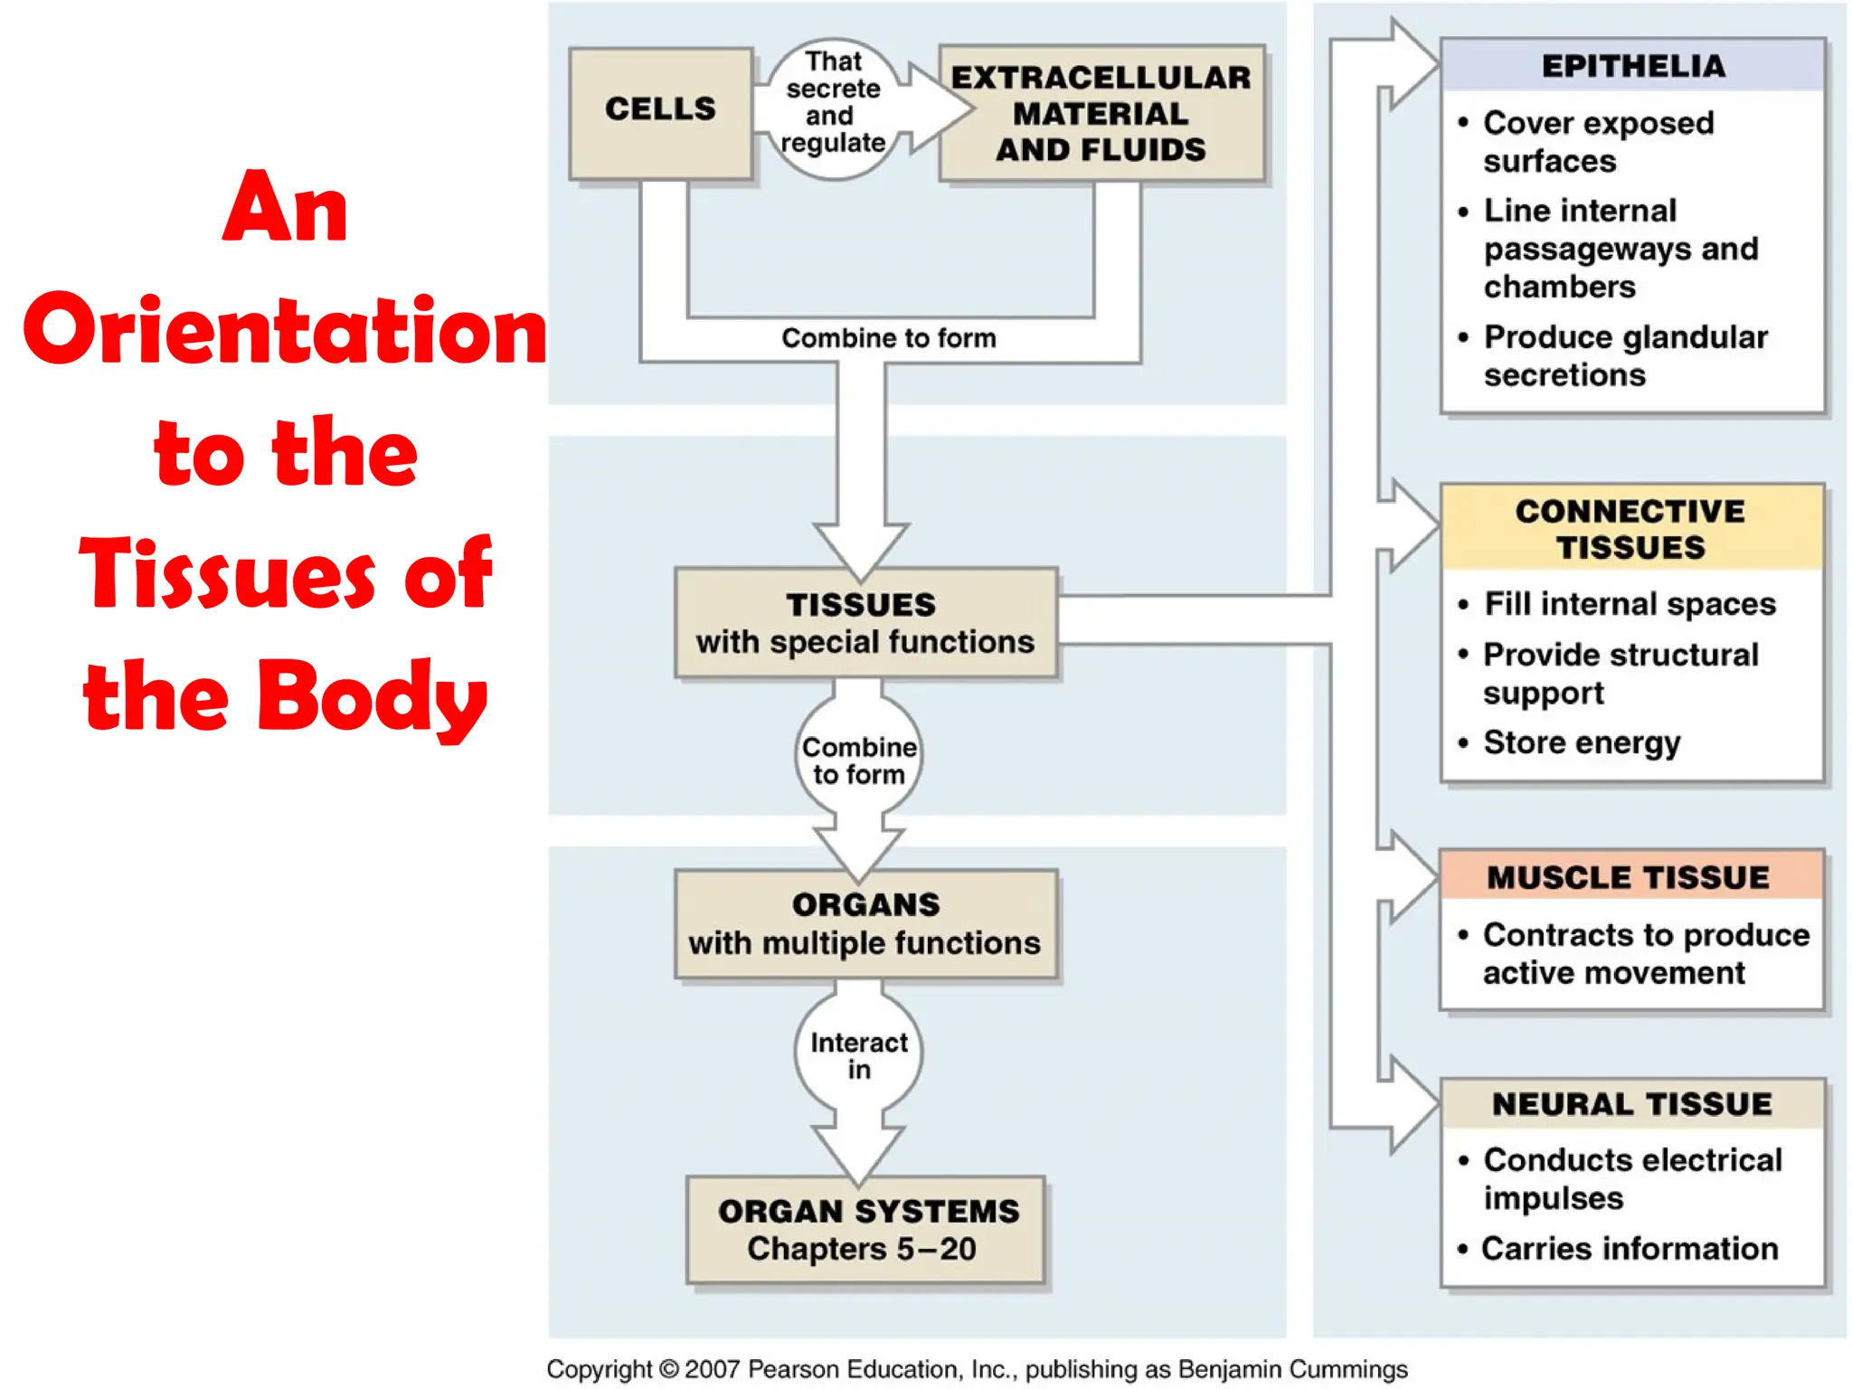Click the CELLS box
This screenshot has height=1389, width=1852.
coord(660,111)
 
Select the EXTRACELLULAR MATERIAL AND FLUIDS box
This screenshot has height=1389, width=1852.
coord(1101,114)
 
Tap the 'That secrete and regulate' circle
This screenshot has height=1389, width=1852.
coord(833,103)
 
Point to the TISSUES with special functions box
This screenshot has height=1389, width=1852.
coord(865,623)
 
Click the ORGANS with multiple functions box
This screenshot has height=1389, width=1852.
coord(865,924)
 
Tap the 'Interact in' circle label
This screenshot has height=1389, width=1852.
coord(858,1055)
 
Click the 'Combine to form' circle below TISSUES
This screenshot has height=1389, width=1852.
coord(858,761)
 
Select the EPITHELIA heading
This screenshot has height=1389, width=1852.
coord(1632,66)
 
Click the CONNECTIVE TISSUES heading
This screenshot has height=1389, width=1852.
coord(1630,529)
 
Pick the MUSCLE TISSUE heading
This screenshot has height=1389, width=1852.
coord(1629,877)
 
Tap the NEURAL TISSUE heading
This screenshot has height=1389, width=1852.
coord(1632,1104)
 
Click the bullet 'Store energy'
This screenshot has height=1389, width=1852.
coord(1582,742)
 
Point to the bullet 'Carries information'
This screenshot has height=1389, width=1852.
coord(1630,1249)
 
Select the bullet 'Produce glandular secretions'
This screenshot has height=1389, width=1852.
coord(1624,355)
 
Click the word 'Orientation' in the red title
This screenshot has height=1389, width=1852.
coord(285,331)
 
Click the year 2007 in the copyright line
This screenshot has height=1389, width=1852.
coord(713,1369)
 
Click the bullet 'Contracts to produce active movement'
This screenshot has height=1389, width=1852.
coord(1645,953)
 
